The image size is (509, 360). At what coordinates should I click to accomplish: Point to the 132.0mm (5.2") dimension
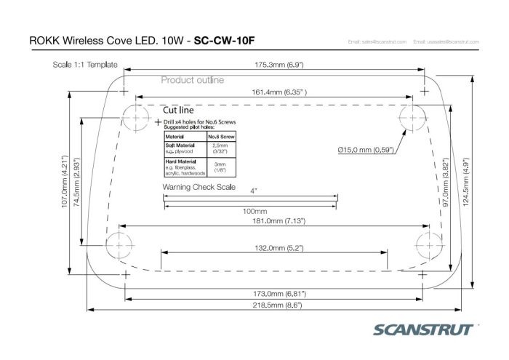tap(274, 248)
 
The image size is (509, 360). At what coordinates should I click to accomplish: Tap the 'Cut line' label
tap(177, 109)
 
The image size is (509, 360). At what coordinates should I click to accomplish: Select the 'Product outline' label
tap(192, 80)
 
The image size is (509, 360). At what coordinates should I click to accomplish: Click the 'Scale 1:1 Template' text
tap(86, 63)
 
